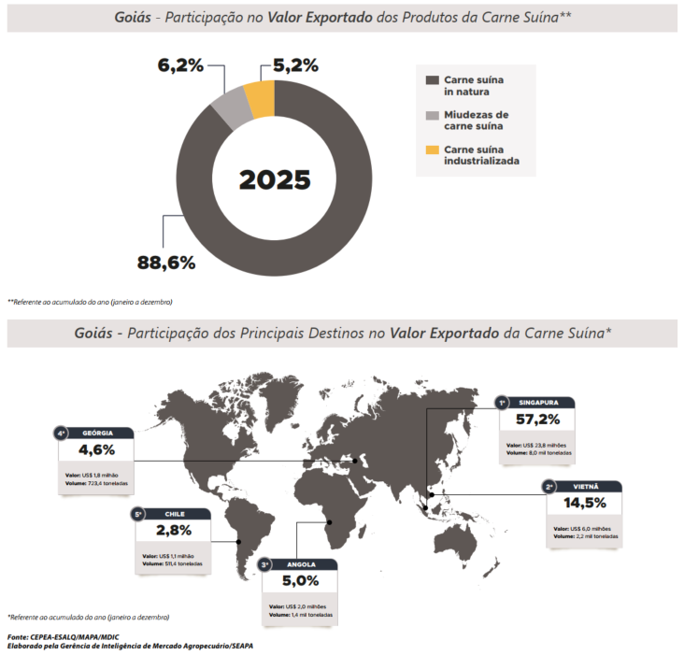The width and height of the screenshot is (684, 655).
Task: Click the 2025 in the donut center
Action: coord(275,180)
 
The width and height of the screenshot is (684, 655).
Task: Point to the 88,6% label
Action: coord(166,263)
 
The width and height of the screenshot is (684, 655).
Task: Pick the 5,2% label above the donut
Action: coord(295,65)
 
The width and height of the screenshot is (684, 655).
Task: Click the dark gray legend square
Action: coord(432,80)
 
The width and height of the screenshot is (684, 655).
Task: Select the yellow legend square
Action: coord(432,150)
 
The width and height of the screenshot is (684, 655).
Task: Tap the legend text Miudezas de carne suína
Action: coord(476,121)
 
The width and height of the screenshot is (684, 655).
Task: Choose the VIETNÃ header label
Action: coord(588,486)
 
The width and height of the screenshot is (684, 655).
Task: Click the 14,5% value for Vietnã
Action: coord(584,503)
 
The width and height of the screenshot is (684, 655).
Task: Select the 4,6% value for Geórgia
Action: coord(96,451)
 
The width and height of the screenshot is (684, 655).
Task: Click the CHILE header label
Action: coord(175,514)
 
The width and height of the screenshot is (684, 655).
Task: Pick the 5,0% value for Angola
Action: coord(301,581)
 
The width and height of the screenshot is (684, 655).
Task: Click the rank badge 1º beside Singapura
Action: coord(502,403)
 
